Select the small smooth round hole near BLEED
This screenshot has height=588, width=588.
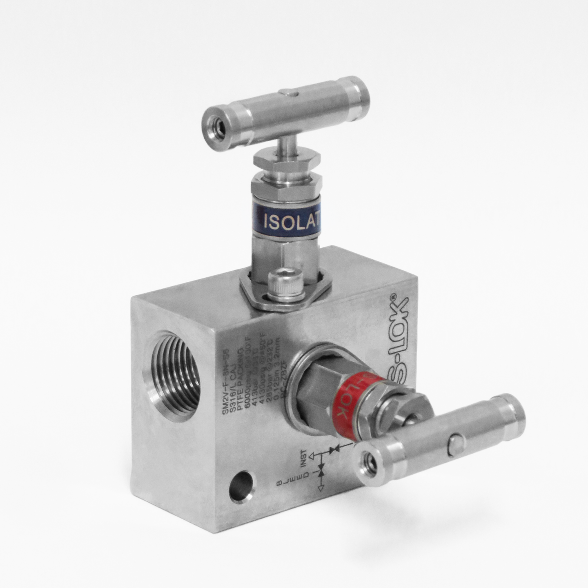point(242,486)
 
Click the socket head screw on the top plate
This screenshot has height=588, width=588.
point(285,283)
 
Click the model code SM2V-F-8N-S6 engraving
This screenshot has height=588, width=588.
point(225,382)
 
